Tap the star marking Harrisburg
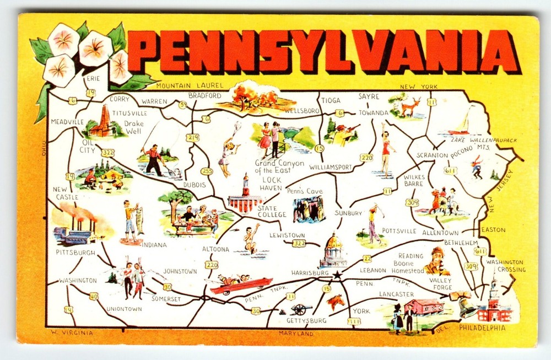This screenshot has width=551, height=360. click(x=337, y=275)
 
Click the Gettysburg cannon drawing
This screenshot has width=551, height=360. click(x=301, y=309)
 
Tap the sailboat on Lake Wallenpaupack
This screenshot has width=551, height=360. click(x=462, y=124)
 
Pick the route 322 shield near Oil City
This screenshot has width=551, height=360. click(x=108, y=152)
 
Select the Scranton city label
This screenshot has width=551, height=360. click(x=432, y=155)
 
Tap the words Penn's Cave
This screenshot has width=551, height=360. click(x=304, y=191)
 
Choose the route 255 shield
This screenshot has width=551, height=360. click(x=207, y=171)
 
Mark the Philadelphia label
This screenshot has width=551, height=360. click(x=482, y=327)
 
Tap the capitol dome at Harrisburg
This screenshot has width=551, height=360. click(x=333, y=243)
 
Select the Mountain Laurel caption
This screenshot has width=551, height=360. click(x=190, y=85)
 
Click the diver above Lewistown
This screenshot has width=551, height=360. click(x=251, y=238)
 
